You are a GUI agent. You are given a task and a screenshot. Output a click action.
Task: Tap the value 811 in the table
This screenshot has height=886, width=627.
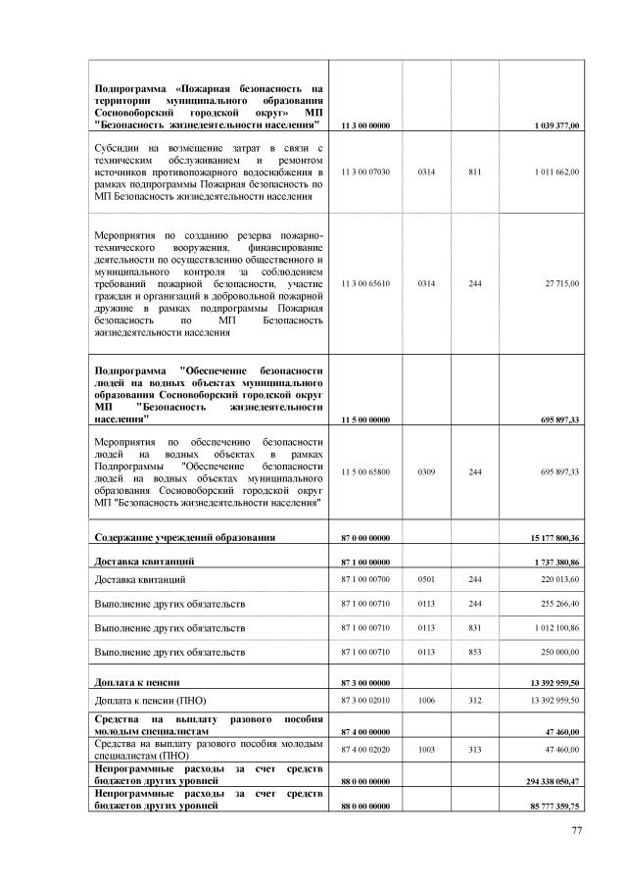[475, 172]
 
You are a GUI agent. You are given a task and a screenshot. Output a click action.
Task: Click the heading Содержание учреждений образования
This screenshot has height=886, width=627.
[184, 537]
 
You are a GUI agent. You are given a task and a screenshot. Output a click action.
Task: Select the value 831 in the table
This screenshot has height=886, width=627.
[475, 628]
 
